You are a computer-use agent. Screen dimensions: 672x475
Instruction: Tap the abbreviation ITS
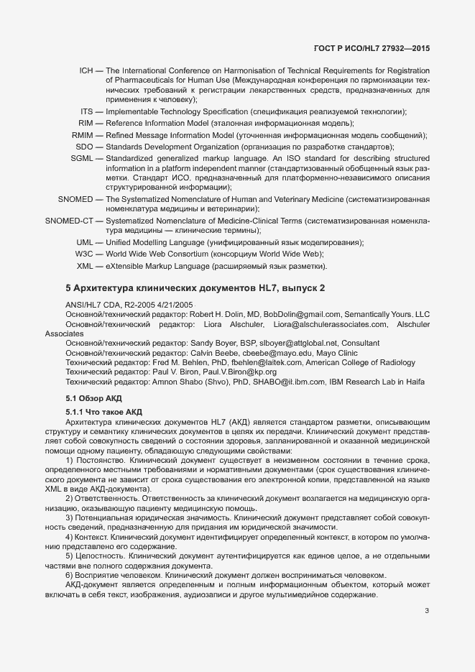(x=87, y=111)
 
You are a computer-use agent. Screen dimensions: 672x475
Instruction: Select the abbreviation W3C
(x=84, y=254)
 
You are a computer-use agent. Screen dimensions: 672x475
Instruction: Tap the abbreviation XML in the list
(x=85, y=267)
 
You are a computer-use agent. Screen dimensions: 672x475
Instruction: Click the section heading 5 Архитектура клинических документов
(x=195, y=288)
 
